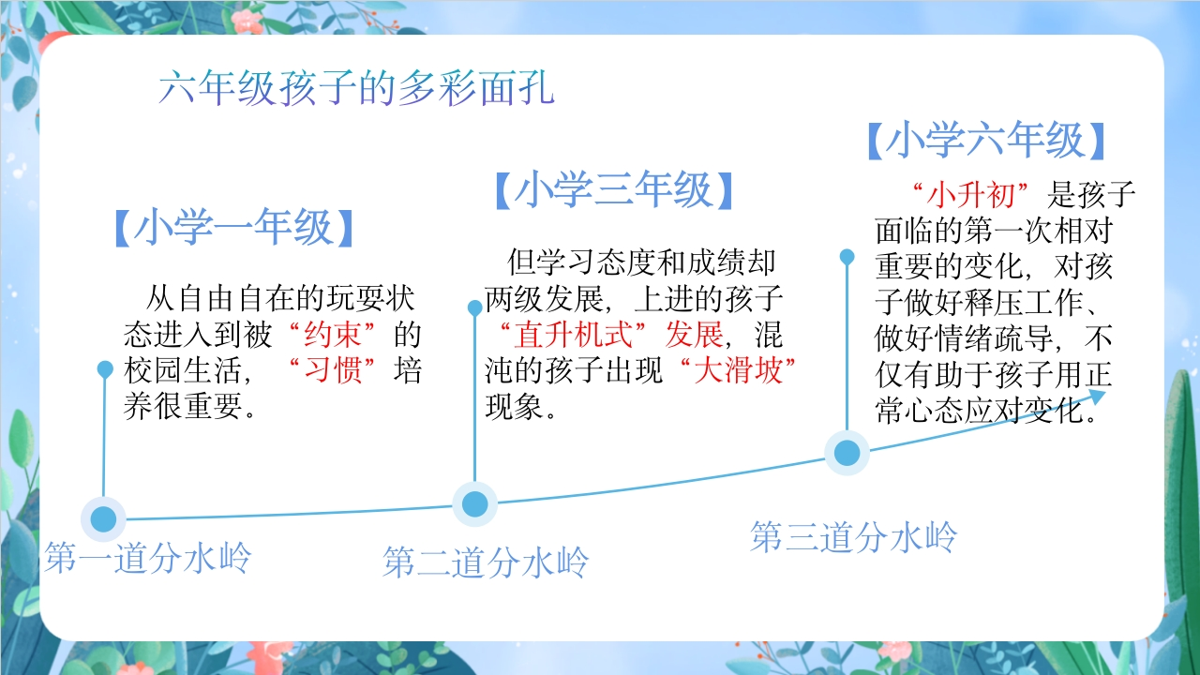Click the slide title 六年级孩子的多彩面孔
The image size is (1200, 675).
[x=356, y=87]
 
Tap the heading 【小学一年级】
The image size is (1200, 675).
[x=234, y=227]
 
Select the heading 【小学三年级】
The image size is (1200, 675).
[x=614, y=189]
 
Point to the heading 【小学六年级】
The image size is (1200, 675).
[x=986, y=140]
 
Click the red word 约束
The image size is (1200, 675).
[x=332, y=335]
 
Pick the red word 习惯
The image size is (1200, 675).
[x=332, y=370]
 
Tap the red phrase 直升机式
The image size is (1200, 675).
[x=573, y=335]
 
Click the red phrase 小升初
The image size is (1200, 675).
[x=970, y=194]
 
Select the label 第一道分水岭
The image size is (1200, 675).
[x=148, y=557]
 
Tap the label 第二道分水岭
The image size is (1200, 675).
[x=486, y=562]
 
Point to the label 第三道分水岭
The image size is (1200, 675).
[x=853, y=536]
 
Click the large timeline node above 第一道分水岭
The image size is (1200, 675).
[x=103, y=518]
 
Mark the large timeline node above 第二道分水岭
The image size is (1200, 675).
[x=474, y=503]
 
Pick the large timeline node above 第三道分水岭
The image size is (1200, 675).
[x=847, y=453]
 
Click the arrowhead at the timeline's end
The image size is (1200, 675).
[x=1097, y=397]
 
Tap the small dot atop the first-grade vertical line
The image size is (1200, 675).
[x=105, y=368]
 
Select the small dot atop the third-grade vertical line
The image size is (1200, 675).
[x=475, y=307]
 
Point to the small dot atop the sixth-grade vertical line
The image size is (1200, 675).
[x=847, y=257]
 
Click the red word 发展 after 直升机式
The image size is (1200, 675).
[x=694, y=335]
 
